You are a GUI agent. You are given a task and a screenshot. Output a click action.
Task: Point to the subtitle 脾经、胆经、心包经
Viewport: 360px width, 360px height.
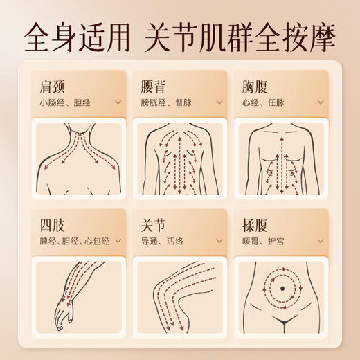coord(74,241)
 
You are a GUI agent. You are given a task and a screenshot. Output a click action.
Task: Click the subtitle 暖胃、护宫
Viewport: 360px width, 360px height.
coord(263,241)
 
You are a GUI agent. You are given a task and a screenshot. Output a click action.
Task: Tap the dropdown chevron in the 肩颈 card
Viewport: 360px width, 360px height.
coord(118,102)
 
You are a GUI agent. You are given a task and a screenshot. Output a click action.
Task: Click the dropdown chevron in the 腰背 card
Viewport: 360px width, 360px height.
coord(219,102)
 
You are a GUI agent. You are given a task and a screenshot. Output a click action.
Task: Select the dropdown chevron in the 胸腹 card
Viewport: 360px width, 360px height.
coord(320,102)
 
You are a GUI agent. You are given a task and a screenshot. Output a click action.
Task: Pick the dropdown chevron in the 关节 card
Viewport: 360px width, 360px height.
coord(219,241)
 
